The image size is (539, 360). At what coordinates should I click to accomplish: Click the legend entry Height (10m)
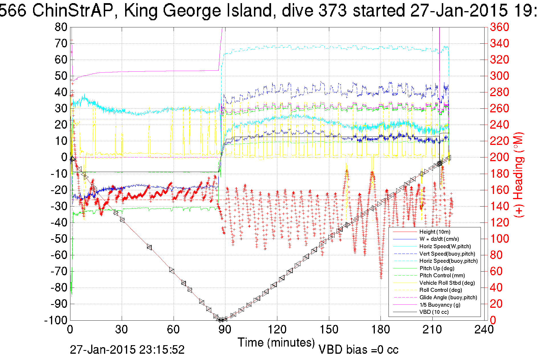pos(435,232)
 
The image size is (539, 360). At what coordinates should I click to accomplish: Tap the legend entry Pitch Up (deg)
pos(437,268)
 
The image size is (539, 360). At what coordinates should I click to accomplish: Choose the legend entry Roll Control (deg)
pos(440,290)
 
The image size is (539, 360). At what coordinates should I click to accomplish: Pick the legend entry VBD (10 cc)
pos(434,312)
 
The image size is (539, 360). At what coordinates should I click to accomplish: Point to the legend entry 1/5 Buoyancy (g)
pos(440,305)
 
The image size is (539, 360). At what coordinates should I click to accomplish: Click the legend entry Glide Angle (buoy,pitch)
pos(448,297)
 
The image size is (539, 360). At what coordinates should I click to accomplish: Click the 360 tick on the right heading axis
pos(499,27)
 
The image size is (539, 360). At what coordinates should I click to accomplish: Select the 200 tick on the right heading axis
pos(499,157)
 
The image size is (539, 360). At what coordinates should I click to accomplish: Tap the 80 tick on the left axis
pos(61,27)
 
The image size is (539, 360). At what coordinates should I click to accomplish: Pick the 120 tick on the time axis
pos(277,330)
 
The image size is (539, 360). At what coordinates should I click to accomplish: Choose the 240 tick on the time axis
pos(484,330)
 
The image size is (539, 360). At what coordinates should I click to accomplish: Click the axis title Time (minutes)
pos(276,342)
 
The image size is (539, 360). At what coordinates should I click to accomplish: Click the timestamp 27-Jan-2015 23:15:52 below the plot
pos(127,349)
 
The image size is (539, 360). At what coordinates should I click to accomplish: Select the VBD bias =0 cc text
pos(358,349)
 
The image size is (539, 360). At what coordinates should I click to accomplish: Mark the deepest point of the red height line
pos(221,320)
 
